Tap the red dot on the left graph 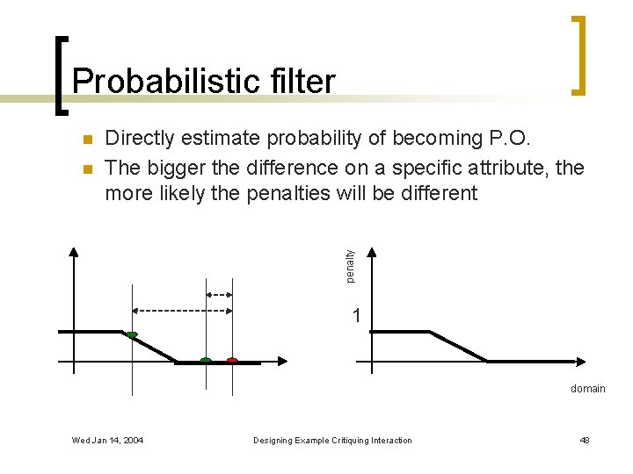(x=232, y=360)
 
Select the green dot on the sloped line (x=132, y=334)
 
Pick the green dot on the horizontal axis (x=206, y=360)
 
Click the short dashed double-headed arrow (x=219, y=294)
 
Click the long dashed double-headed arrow (x=182, y=310)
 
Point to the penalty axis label (x=350, y=266)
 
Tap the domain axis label (x=587, y=388)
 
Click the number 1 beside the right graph (x=355, y=315)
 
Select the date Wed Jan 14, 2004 (x=108, y=440)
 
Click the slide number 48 (x=585, y=440)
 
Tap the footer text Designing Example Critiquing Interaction (x=332, y=440)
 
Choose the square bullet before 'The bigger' (x=86, y=168)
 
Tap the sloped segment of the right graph (x=459, y=346)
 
